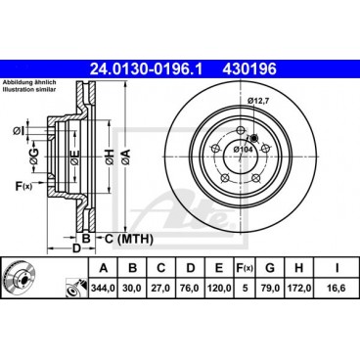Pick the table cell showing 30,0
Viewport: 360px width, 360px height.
click(x=133, y=289)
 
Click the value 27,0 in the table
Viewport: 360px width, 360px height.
click(x=163, y=289)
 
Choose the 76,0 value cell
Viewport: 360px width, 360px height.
click(x=194, y=289)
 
